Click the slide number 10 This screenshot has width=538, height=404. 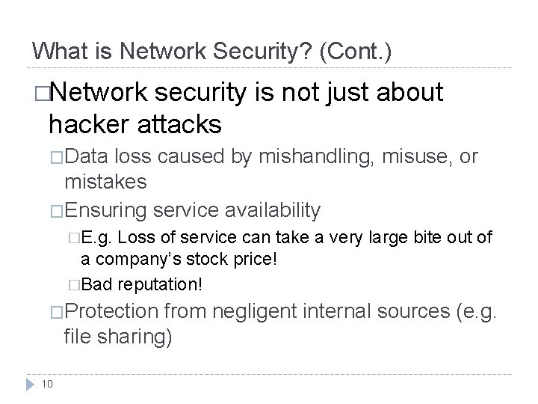tap(46, 384)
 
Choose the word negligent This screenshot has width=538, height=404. tap(250, 311)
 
